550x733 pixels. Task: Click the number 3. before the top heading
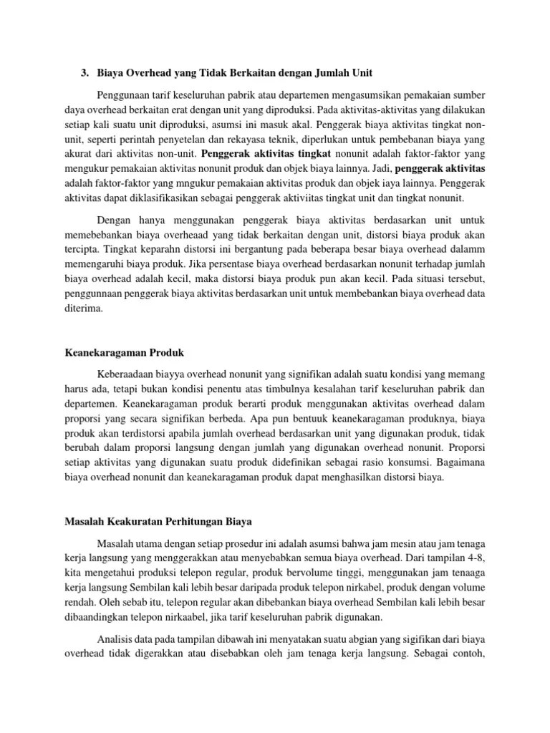pos(85,73)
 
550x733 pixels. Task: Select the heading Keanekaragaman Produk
pos(125,353)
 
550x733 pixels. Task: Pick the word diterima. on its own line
pos(84,309)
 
